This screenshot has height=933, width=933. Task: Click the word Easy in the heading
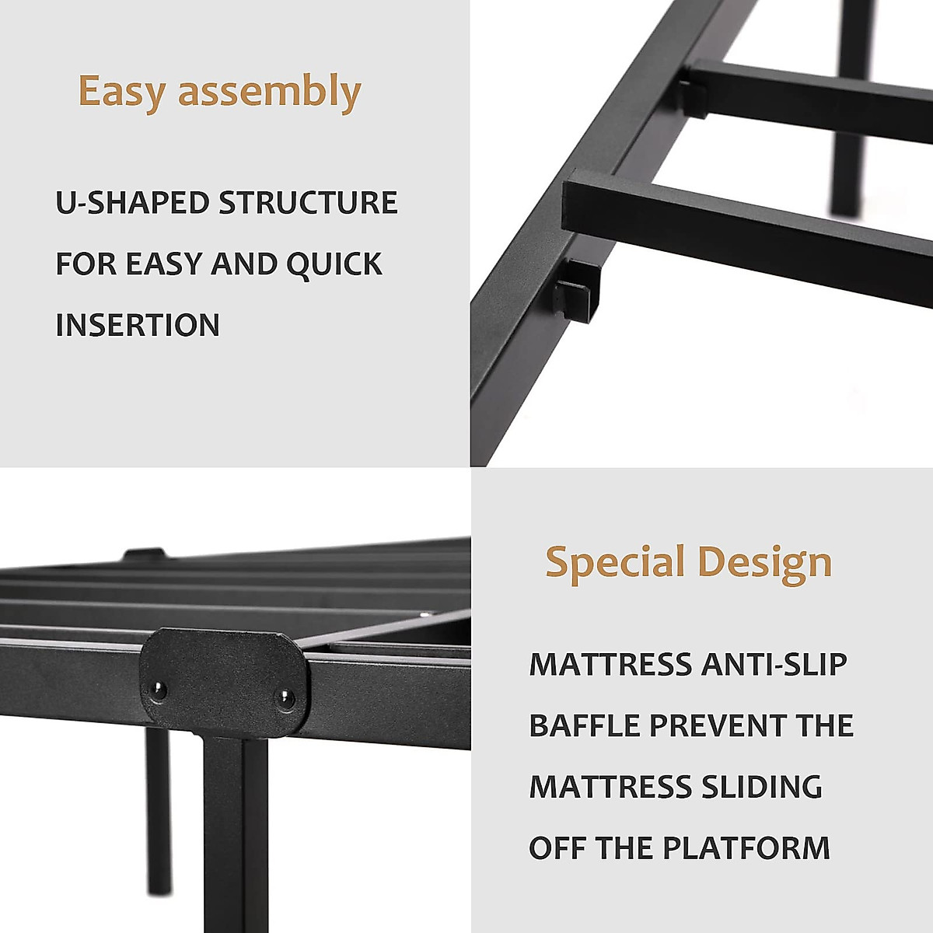click(122, 92)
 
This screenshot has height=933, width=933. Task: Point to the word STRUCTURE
click(308, 203)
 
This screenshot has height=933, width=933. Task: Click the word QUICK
click(334, 264)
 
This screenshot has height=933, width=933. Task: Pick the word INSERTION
click(138, 325)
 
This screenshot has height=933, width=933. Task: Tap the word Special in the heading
click(614, 563)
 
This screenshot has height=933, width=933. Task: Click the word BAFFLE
click(584, 725)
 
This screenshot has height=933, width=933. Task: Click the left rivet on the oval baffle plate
click(159, 688)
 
